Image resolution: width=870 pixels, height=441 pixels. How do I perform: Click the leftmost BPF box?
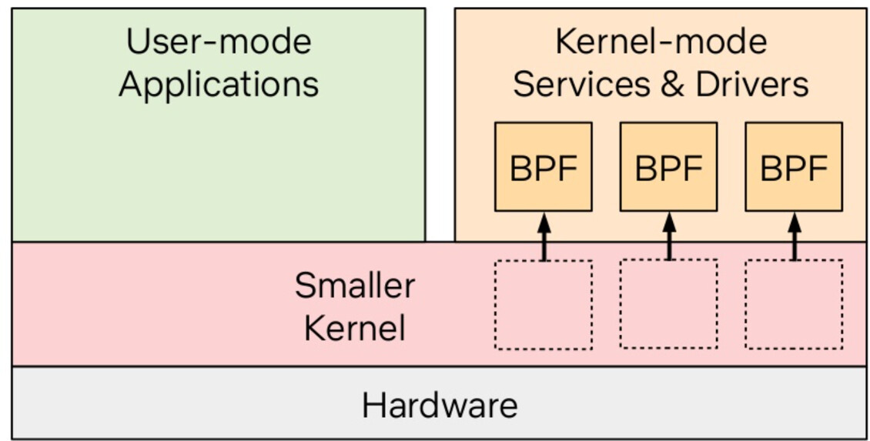click(x=543, y=166)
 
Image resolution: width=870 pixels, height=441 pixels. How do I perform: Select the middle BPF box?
click(x=668, y=166)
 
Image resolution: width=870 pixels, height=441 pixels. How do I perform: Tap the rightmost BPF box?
click(x=793, y=166)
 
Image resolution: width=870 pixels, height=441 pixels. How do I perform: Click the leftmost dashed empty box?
click(x=543, y=305)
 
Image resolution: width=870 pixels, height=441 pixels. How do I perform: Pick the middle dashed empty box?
click(x=668, y=304)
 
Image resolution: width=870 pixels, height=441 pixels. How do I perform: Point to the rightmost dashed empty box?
click(x=793, y=304)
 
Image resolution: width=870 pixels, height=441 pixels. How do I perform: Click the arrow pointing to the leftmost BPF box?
click(x=544, y=236)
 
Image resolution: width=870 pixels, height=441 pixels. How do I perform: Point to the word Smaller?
click(x=354, y=286)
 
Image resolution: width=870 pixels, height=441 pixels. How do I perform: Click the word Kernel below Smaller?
click(x=354, y=329)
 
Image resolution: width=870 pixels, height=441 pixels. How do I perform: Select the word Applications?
click(x=219, y=84)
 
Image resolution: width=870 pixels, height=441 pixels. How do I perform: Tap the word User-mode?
click(x=219, y=41)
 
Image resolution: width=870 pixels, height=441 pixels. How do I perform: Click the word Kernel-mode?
click(x=661, y=41)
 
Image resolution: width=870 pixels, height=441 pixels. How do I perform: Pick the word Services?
click(x=571, y=84)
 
